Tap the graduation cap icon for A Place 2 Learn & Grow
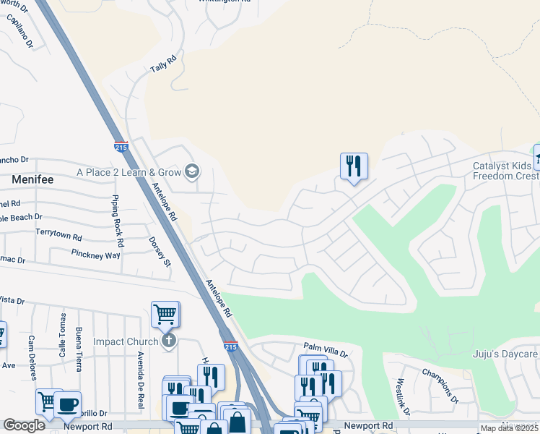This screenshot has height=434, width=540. point(192,171)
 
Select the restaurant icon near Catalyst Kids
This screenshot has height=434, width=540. point(354,166)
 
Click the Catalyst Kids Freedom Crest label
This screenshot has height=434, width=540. point(505,171)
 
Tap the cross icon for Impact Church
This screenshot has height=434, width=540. point(168,340)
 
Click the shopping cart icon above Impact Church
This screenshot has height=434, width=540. point(165,315)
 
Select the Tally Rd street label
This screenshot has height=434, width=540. point(162,65)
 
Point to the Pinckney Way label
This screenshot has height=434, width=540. point(95,254)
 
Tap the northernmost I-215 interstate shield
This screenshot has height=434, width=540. point(121,147)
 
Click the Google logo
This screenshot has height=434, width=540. point(25,425)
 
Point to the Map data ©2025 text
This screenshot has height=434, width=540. point(509,428)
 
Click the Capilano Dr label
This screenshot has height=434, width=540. point(21,33)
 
